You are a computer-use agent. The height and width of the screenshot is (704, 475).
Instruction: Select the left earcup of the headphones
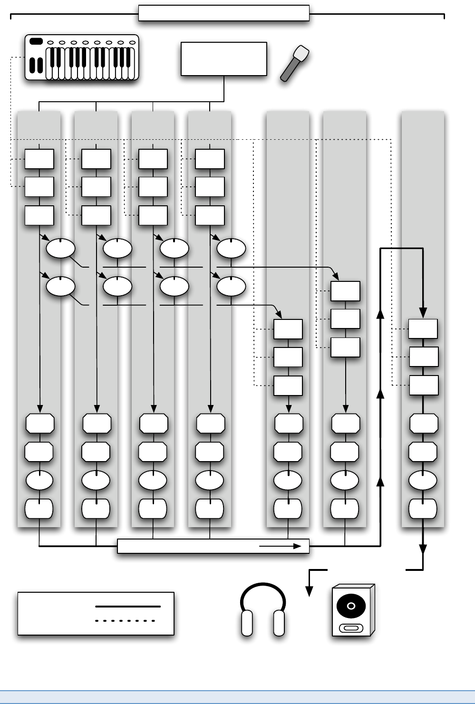[247, 623]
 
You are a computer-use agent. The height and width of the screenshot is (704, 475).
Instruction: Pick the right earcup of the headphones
[279, 623]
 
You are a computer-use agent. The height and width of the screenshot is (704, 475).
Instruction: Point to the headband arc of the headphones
[263, 589]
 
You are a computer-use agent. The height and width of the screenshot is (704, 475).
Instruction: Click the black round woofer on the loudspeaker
[351, 606]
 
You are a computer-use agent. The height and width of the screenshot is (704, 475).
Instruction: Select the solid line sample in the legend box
[128, 607]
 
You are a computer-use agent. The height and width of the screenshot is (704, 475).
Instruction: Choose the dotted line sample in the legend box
[126, 621]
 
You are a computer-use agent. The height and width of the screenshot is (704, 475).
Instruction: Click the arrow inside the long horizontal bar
[281, 546]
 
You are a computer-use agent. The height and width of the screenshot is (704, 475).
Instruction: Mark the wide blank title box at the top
[224, 13]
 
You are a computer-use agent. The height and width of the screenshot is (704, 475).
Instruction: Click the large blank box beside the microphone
[224, 59]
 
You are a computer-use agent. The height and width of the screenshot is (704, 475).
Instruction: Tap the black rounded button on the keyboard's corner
[36, 41]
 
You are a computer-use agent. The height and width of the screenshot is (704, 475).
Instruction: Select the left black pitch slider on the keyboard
[32, 65]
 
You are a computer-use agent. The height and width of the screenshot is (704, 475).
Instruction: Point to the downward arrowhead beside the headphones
[310, 591]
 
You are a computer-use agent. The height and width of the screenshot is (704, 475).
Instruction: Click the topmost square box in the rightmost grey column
[423, 329]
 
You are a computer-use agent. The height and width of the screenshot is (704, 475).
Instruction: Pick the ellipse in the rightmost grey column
[423, 481]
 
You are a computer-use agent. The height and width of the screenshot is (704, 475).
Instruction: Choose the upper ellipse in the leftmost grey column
[60, 248]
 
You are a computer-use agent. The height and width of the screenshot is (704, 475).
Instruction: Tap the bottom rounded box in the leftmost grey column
[39, 509]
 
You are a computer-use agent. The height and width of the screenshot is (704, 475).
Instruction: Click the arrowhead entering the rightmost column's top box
[423, 313]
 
